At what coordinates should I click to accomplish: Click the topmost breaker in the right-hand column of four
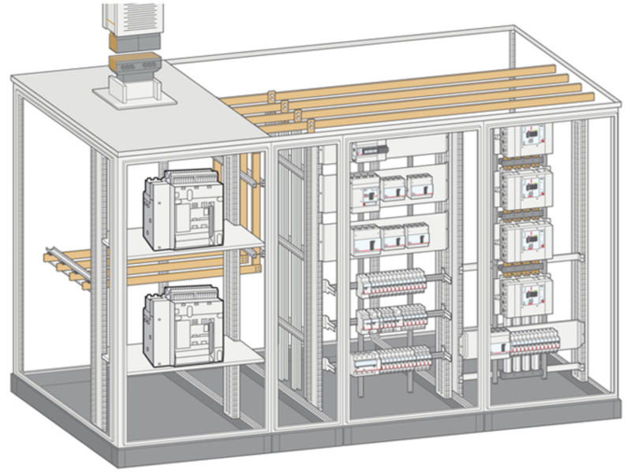tap(526, 139)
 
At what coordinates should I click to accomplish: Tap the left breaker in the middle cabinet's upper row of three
tap(364, 190)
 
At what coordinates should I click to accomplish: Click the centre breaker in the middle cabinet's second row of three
tap(392, 236)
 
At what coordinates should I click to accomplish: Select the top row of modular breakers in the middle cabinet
tap(392, 281)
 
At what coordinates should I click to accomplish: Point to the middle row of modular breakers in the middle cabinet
tap(392, 318)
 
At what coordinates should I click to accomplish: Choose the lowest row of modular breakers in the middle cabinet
tap(392, 361)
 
